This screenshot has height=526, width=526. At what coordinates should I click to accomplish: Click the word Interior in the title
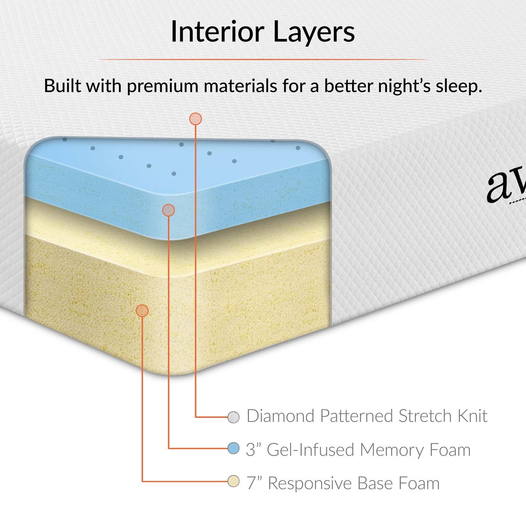pos(217,32)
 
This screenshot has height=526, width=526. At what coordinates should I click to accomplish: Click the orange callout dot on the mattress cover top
pos(195,119)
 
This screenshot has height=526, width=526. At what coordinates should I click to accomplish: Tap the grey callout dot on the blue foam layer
pos(169,210)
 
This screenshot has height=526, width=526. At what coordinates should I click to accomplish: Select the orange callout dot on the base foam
pos(142,311)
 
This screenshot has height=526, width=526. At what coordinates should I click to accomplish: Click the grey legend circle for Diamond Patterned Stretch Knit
pos(233,417)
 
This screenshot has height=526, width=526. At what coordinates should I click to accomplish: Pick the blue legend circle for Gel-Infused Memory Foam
pos(233,448)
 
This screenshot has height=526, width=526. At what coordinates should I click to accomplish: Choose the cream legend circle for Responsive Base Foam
pos(233,482)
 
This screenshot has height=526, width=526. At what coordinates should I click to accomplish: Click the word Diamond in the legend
pos(280,416)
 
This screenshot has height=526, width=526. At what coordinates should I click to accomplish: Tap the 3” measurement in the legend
pos(253,450)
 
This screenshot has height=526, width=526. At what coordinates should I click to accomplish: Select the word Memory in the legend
pos(392,450)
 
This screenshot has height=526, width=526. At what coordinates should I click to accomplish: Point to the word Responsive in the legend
pos(310,484)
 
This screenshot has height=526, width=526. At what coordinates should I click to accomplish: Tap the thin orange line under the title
pos(263,59)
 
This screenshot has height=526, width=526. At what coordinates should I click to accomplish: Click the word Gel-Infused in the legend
pos(311,450)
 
